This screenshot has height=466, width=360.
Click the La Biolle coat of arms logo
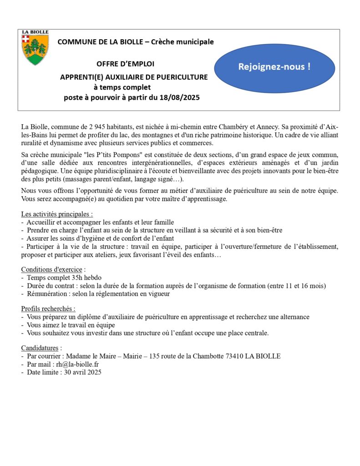[35, 48]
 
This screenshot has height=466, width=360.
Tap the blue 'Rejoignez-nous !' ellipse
[274, 67]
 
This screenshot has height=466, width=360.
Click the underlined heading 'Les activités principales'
[57, 214]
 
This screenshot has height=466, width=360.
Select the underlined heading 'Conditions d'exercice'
[51, 269]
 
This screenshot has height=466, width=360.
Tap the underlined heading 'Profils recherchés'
[48, 309]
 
